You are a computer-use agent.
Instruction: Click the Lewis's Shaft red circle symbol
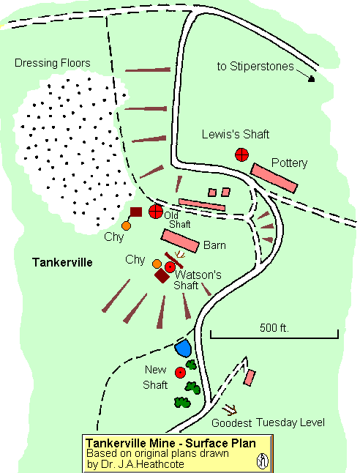click(241, 154)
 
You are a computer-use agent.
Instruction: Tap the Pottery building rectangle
click(274, 178)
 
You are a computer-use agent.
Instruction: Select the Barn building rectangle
click(181, 241)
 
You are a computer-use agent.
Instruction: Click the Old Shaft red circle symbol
click(155, 212)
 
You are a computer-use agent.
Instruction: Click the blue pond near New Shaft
click(183, 349)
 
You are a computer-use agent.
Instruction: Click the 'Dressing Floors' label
click(53, 63)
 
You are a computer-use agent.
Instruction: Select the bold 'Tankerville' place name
click(62, 261)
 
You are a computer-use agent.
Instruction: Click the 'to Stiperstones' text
click(255, 67)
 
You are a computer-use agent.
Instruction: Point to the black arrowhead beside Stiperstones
click(312, 78)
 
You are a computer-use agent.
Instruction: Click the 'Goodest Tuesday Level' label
click(268, 423)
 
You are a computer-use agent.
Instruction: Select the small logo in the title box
click(261, 461)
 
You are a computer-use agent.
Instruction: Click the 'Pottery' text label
click(289, 162)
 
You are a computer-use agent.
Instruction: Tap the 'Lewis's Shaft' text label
click(236, 135)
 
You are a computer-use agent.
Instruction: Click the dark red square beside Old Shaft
click(135, 212)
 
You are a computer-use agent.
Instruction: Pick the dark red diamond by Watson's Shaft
click(162, 276)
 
